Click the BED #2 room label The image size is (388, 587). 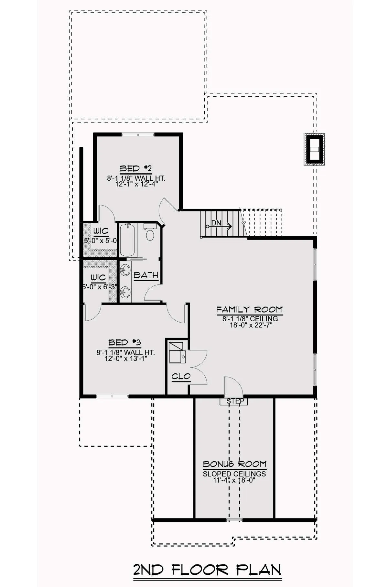click(136, 168)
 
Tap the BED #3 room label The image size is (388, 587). click(124, 342)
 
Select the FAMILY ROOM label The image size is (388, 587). click(250, 310)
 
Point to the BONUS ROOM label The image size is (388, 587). click(235, 464)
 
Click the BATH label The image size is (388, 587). click(146, 275)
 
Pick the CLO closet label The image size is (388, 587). click(181, 377)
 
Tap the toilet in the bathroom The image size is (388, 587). click(150, 233)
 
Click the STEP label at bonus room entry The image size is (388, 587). click(235, 401)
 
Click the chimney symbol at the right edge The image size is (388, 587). click(314, 149)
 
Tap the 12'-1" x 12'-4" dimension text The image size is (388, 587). click(136, 184)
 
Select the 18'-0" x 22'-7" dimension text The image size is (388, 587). click(251, 325)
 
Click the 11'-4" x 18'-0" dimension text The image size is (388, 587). click(234, 480)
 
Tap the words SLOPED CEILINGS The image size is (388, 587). click(234, 474)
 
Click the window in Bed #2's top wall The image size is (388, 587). click(138, 134)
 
